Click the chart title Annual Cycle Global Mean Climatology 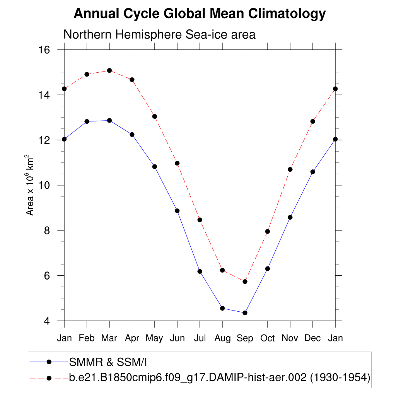pyautogui.click(x=200, y=14)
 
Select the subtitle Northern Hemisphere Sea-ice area pyautogui.click(x=159, y=34)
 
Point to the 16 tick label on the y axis pyautogui.click(x=45, y=50)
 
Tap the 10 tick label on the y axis pyautogui.click(x=45, y=185)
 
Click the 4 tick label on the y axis pyautogui.click(x=48, y=321)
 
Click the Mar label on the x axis pyautogui.click(x=109, y=338)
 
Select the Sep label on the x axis pyautogui.click(x=245, y=338)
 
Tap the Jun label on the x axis pyautogui.click(x=177, y=338)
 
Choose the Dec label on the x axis pyautogui.click(x=312, y=338)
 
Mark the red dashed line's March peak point pyautogui.click(x=109, y=70)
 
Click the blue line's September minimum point pyautogui.click(x=245, y=313)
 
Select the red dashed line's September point pyautogui.click(x=245, y=282)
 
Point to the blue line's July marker pyautogui.click(x=200, y=271)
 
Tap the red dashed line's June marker pyautogui.click(x=177, y=163)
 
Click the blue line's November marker pyautogui.click(x=290, y=217)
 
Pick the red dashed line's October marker pyautogui.click(x=267, y=232)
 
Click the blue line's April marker pyautogui.click(x=132, y=135)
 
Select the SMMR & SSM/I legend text pyautogui.click(x=108, y=362)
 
